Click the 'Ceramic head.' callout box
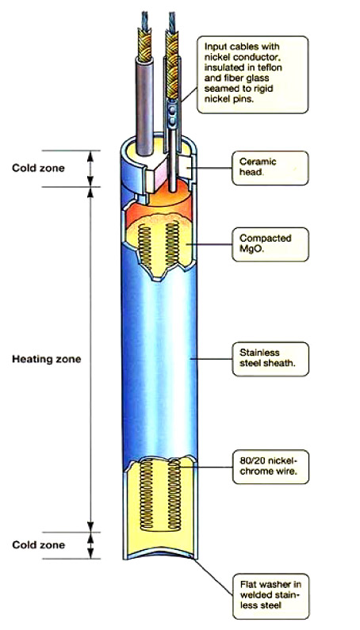270,167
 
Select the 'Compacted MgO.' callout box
270,244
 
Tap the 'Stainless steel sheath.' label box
270,359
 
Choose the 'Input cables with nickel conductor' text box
253,74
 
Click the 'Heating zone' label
46,359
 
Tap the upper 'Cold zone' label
38,167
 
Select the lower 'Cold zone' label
38,545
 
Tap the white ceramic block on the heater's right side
186,166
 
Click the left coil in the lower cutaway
146,495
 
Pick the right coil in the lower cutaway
174,495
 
